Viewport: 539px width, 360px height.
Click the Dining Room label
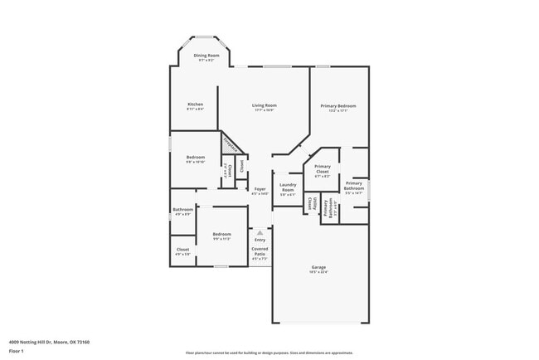point(205,56)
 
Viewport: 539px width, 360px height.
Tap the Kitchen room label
point(195,105)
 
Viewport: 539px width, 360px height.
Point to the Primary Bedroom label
point(338,107)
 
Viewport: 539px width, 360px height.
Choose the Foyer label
point(260,190)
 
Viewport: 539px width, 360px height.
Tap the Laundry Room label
point(288,187)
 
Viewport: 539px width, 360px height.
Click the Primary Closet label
point(322,170)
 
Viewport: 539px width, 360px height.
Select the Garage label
point(319,268)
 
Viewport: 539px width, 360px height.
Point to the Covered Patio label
point(260,252)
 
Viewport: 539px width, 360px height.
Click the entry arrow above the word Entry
point(260,232)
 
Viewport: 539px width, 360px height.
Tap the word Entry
point(260,240)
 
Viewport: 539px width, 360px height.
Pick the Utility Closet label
point(311,202)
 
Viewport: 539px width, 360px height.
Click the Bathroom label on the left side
point(182,211)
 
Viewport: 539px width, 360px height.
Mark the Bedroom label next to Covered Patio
point(221,236)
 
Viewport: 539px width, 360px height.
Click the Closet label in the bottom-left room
point(182,251)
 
